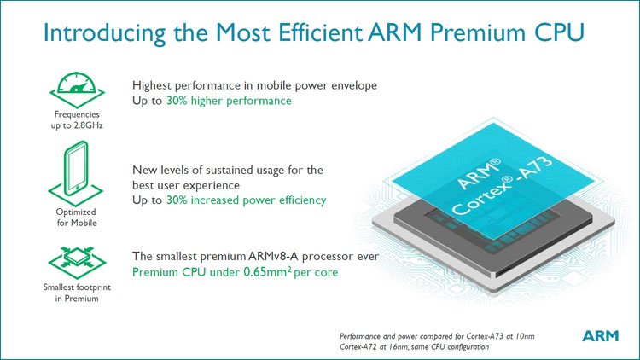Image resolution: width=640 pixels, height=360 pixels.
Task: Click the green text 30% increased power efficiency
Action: [255, 200]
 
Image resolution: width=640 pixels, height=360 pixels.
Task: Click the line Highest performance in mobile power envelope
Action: [254, 85]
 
